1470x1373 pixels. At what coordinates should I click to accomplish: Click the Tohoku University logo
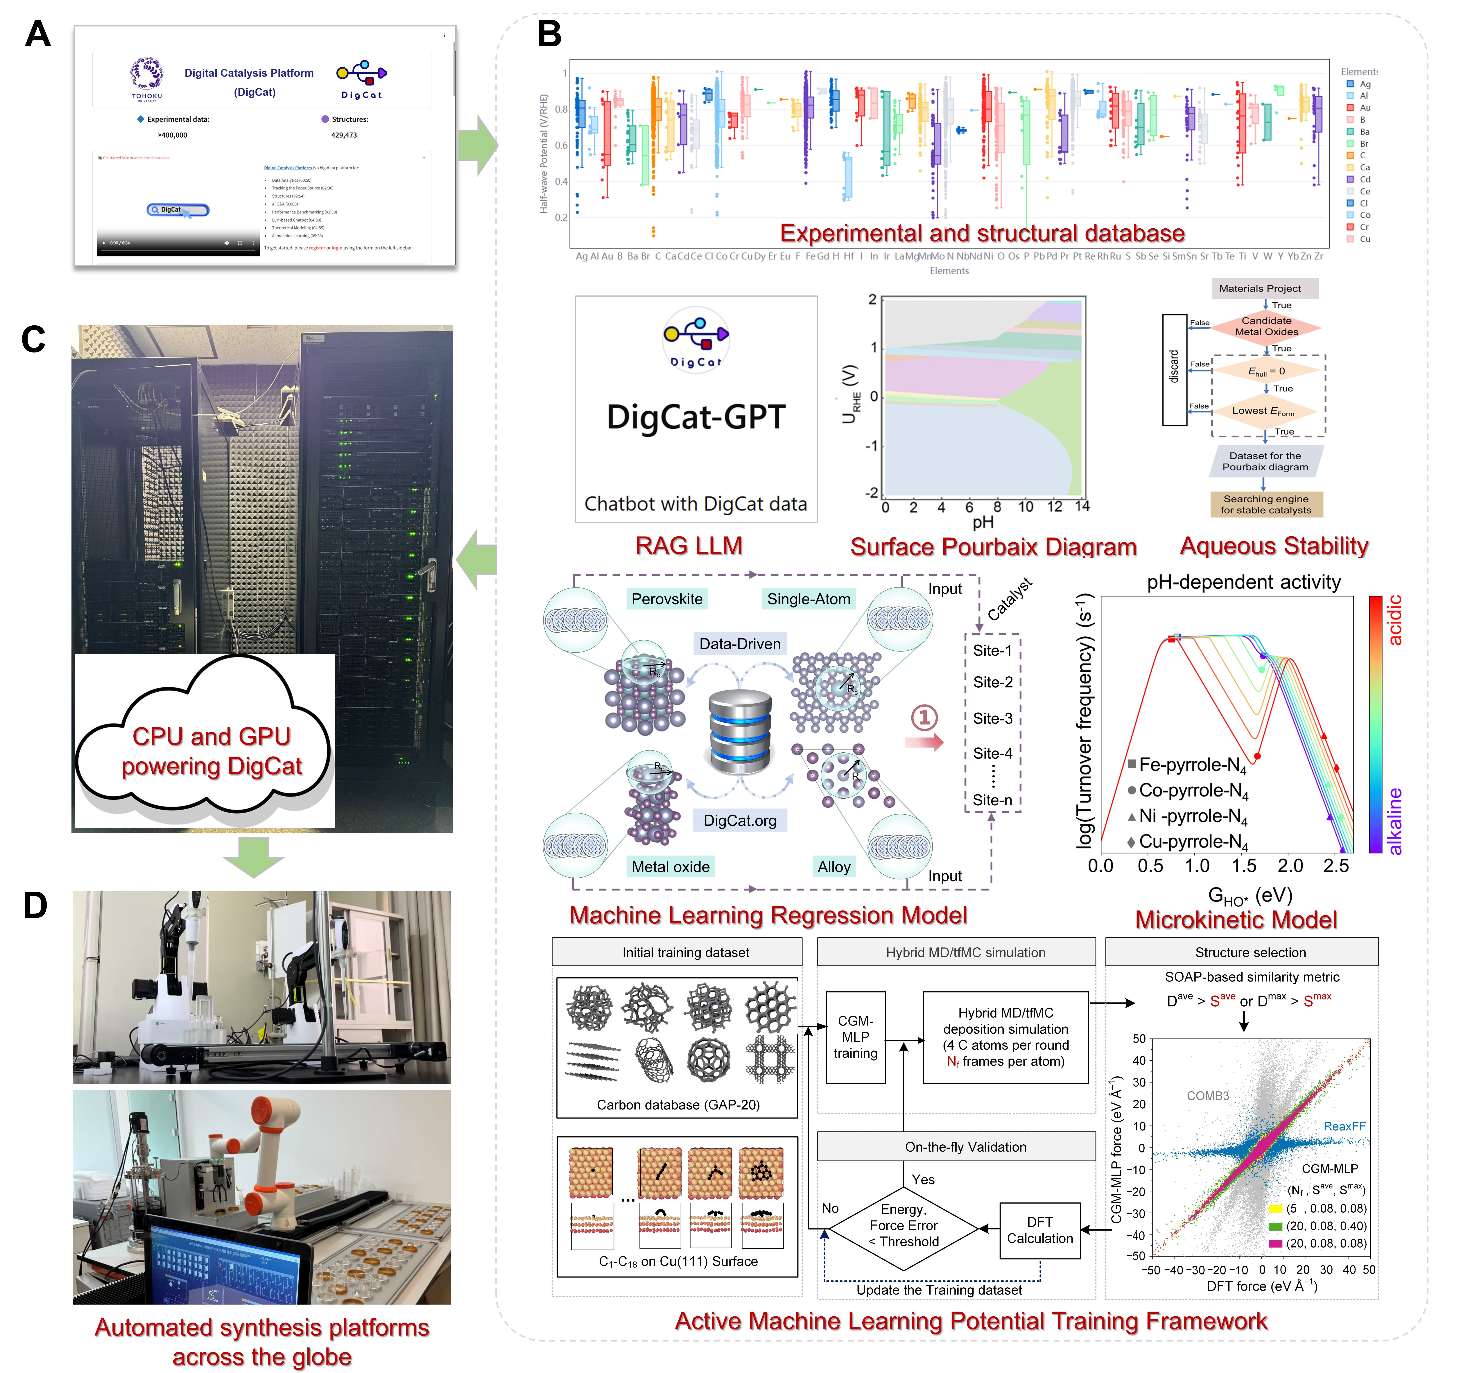pyautogui.click(x=146, y=78)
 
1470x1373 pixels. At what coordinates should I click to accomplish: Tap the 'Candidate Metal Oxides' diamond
pyautogui.click(x=1266, y=326)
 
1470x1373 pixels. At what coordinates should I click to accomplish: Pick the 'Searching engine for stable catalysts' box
pyautogui.click(x=1266, y=504)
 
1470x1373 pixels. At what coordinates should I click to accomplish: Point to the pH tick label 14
pyautogui.click(x=1082, y=506)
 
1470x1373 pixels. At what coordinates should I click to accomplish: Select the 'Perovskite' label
pyautogui.click(x=667, y=599)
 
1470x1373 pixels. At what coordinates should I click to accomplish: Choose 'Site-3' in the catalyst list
pyautogui.click(x=992, y=718)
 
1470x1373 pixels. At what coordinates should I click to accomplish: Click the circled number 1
pyautogui.click(x=924, y=717)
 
